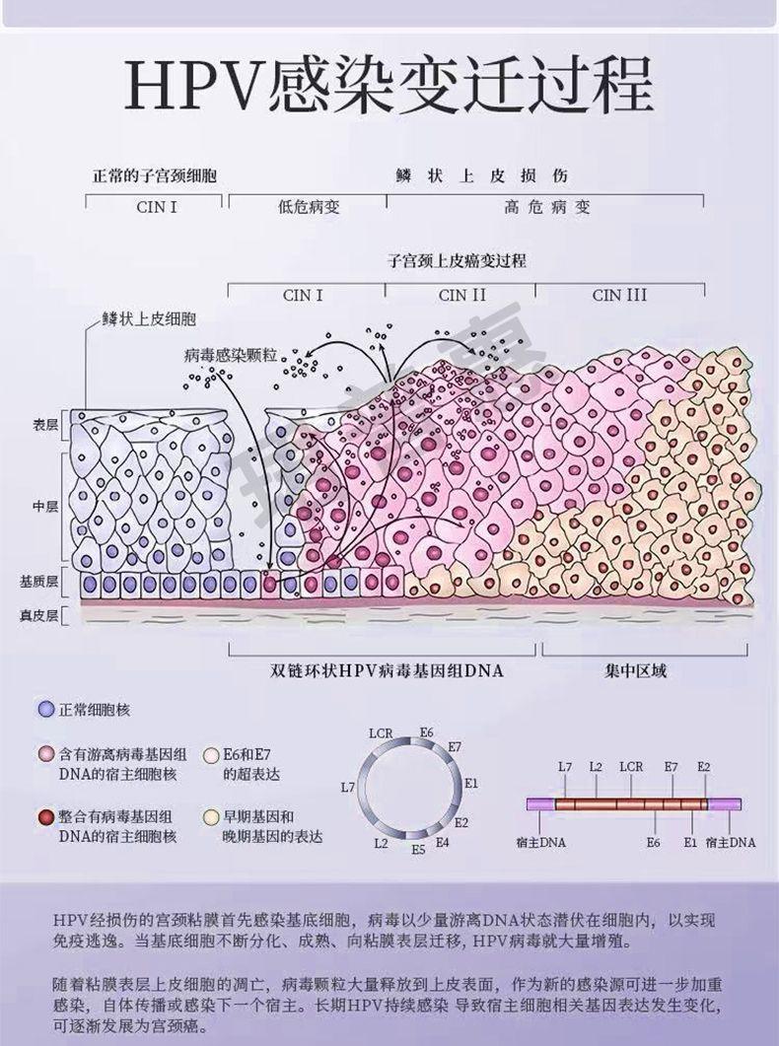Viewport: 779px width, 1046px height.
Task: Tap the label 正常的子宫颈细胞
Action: (155, 176)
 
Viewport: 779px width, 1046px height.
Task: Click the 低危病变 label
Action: (308, 208)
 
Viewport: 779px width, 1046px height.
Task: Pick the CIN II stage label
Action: (462, 295)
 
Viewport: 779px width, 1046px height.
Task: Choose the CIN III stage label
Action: (620, 295)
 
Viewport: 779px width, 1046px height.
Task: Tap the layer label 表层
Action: (46, 424)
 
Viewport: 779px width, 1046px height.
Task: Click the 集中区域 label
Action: (636, 671)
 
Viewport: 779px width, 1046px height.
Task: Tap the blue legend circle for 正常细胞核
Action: (44, 710)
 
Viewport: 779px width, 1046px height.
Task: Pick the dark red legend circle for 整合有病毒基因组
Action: (44, 816)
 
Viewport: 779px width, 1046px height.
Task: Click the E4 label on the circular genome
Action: (442, 842)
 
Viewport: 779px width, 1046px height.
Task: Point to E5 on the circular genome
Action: (418, 849)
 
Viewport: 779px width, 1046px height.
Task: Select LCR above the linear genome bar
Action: (631, 766)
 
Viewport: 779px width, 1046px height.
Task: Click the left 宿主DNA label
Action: (541, 843)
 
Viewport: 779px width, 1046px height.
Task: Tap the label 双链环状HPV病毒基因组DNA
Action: (387, 671)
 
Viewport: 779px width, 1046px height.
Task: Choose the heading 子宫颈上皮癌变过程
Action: (457, 261)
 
